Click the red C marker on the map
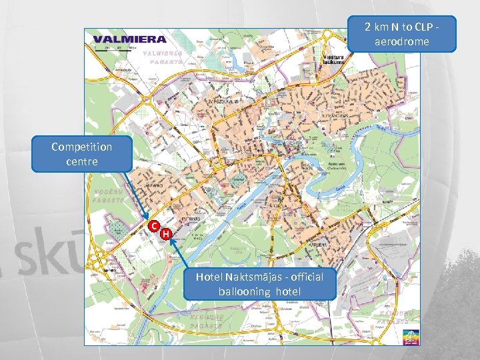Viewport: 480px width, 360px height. (153, 225)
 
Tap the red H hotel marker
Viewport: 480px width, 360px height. (166, 233)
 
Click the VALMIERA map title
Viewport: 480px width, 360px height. (130, 39)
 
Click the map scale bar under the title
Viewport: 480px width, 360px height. (115, 49)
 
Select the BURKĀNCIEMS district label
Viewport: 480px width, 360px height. (331, 115)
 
